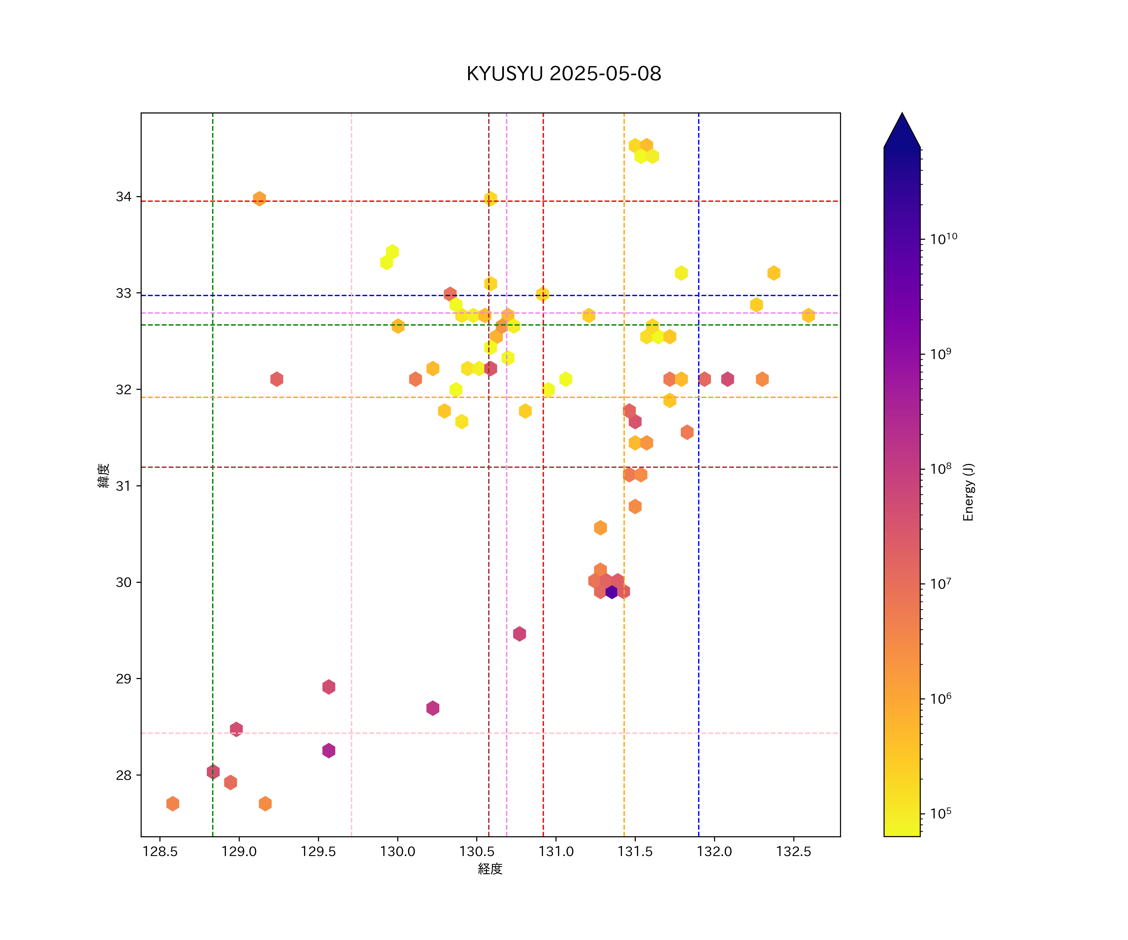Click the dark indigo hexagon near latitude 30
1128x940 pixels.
tap(611, 592)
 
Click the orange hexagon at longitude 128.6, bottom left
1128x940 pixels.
tap(172, 804)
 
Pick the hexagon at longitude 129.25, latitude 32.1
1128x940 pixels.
tap(277, 379)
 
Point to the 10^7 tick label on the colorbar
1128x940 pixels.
tap(941, 584)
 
